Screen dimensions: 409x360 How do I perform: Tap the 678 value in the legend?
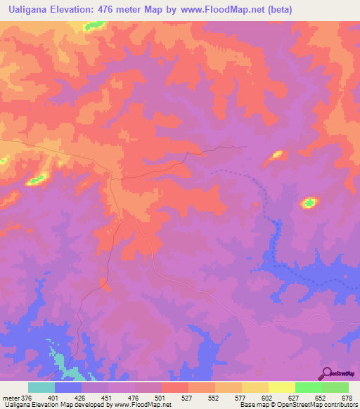click(x=347, y=397)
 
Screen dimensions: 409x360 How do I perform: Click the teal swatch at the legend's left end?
click(x=41, y=387)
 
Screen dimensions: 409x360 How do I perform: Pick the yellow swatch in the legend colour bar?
click(x=281, y=387)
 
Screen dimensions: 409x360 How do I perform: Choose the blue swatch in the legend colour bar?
click(x=68, y=387)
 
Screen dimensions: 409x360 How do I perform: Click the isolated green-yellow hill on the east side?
click(x=308, y=203)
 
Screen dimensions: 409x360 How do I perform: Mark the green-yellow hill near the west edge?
click(x=36, y=180)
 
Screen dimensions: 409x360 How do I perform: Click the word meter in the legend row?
click(x=12, y=397)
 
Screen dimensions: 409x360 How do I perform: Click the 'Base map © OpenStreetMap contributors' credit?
click(x=297, y=405)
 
